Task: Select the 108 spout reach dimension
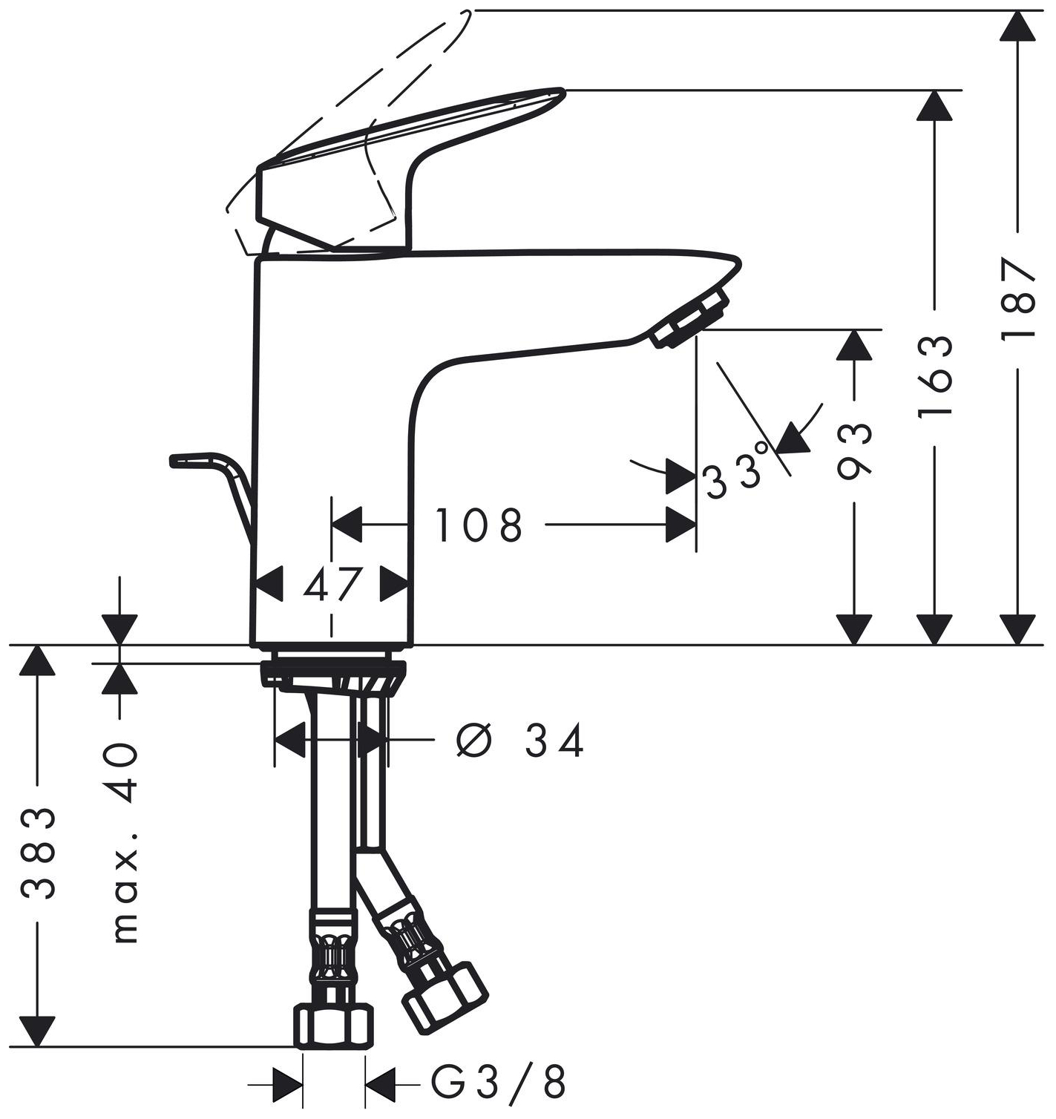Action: [479, 525]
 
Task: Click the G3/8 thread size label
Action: [499, 1083]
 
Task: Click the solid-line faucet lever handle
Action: [416, 148]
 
